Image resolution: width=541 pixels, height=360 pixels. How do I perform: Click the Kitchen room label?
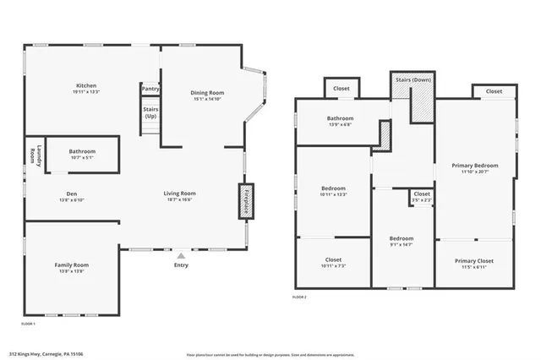coord(86,85)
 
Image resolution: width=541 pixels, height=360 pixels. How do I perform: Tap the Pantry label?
coord(150,89)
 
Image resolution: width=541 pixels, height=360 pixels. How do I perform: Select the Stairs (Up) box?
coord(150,112)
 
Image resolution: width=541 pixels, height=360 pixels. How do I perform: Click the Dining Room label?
coord(206,93)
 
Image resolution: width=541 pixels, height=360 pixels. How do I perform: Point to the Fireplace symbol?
coord(245,202)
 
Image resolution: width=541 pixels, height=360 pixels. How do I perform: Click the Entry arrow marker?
coord(180,254)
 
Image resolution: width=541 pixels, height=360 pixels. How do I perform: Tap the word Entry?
coord(180,265)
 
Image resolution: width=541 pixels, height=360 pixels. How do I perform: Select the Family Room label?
coord(72,265)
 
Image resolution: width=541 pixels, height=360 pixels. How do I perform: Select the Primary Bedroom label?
coord(474,166)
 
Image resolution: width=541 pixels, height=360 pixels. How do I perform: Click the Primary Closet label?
coord(473,261)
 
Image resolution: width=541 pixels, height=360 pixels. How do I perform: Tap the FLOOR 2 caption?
coord(300,297)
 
